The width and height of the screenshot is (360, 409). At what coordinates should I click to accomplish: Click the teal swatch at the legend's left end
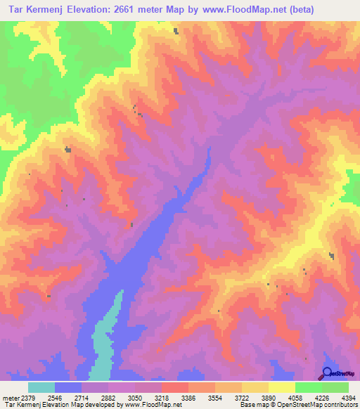[x=41, y=387]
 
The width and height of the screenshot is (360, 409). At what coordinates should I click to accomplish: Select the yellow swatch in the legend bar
[x=281, y=387]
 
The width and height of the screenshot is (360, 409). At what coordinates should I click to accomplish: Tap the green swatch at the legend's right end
[x=335, y=387]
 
